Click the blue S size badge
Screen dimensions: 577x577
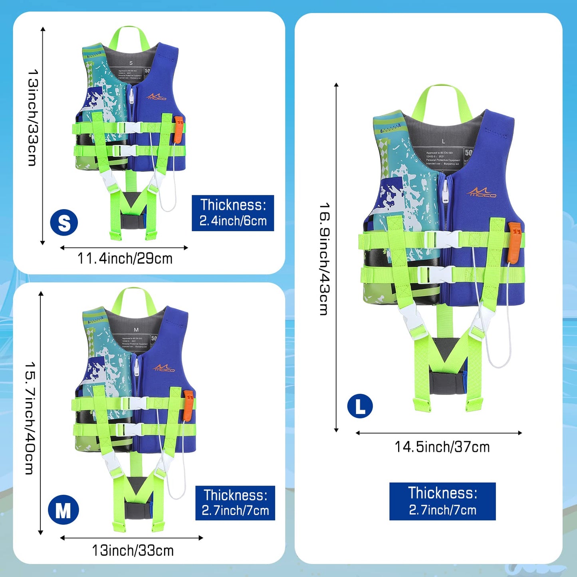click(x=64, y=222)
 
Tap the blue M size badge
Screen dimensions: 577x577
click(x=63, y=510)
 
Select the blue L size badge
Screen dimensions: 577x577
click(x=360, y=406)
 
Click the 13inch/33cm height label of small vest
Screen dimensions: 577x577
click(x=33, y=118)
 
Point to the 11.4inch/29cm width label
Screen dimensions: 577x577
click(x=125, y=259)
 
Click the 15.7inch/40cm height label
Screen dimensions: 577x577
click(x=30, y=418)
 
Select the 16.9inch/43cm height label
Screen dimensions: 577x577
click(x=325, y=259)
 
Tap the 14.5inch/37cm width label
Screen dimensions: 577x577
click(x=442, y=447)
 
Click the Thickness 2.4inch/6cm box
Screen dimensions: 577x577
click(x=233, y=213)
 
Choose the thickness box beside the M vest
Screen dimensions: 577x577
click(x=235, y=503)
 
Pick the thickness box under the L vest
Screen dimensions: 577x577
click(x=442, y=501)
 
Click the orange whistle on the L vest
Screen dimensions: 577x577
click(x=514, y=242)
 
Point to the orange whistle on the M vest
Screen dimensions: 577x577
click(x=188, y=405)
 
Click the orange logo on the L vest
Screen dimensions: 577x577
click(x=481, y=192)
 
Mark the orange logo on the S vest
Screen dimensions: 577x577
click(x=157, y=97)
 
